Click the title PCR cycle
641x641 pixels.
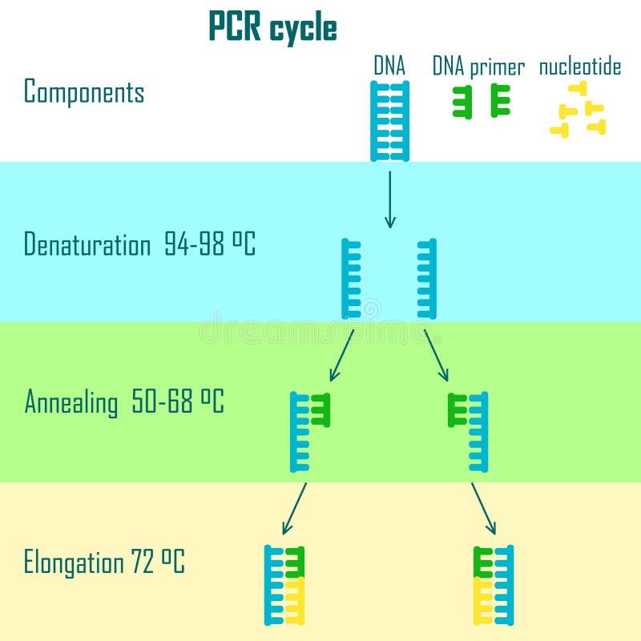[272, 28]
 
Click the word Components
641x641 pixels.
[84, 92]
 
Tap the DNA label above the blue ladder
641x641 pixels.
[389, 67]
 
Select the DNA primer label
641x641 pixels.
[478, 67]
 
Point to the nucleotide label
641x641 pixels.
[579, 67]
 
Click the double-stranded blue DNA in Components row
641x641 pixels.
[390, 120]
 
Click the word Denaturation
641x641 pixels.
[87, 244]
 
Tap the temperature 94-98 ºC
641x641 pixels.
[210, 244]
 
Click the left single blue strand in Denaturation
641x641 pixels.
[351, 278]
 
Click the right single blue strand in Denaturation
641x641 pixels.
[427, 278]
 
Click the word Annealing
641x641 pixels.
[71, 401]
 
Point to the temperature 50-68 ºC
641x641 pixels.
[177, 401]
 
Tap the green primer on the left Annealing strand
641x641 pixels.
[320, 409]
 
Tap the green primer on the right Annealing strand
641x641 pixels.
[458, 409]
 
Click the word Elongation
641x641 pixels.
[72, 562]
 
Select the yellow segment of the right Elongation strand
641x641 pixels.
[483, 600]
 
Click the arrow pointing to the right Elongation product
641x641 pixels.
[483, 508]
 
